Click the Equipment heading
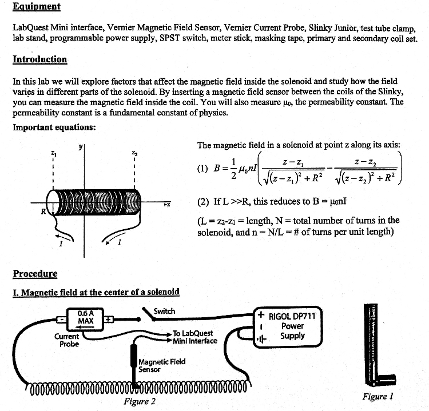36,7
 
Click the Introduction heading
39,59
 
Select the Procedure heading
35,273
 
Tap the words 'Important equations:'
54,127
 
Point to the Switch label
165,311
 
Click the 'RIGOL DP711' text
292,316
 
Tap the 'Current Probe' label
66,340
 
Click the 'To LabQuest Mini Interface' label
195,337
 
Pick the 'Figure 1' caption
378,396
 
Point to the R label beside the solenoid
42,212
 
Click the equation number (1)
202,169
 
